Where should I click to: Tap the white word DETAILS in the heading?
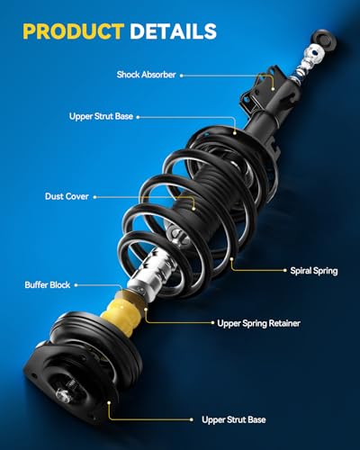(171, 31)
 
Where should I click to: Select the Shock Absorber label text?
(145, 74)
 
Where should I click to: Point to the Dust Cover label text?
(67, 194)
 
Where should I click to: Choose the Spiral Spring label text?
(315, 269)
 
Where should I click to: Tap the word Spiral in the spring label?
(301, 269)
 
